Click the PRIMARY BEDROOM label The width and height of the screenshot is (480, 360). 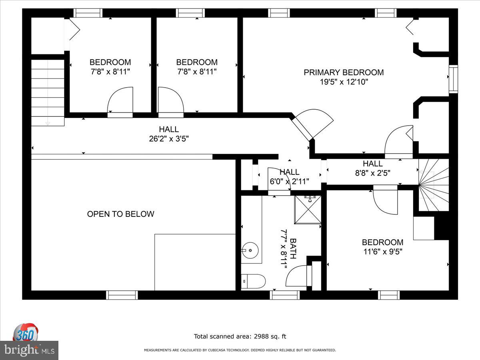344,72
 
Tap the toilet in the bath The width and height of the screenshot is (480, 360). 253,281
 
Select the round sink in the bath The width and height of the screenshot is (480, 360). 250,250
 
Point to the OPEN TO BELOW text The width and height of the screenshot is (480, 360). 120,214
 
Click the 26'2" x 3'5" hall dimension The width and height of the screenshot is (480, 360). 169,139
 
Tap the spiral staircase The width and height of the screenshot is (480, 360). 434,185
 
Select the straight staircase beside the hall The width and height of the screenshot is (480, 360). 48,93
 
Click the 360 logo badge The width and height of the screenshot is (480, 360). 26,332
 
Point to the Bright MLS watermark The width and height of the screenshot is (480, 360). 29,350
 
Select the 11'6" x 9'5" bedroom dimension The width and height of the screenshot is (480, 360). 383,252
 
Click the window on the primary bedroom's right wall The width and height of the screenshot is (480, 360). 453,79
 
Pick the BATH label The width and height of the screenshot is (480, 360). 293,248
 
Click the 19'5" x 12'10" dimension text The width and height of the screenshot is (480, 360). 344,82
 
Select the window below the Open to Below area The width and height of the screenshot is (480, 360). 122,295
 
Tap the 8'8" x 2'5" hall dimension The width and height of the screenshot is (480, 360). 373,173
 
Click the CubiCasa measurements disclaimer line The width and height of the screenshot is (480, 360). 240,350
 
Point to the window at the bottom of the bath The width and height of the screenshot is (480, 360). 285,295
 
